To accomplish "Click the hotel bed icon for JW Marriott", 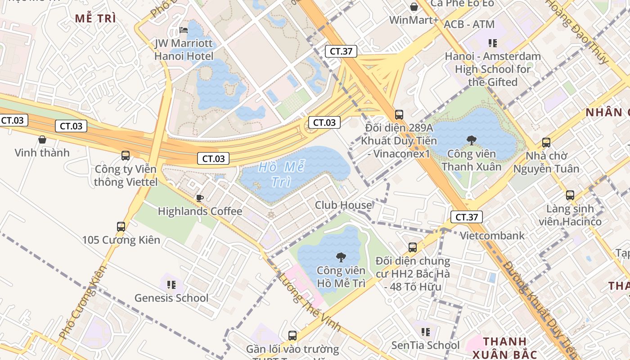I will [x=184, y=30].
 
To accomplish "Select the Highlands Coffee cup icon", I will [x=200, y=198].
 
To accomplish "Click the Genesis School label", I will [x=171, y=298].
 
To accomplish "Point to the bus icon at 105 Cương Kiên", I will [x=121, y=226].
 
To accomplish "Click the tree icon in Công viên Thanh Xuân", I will [x=472, y=140].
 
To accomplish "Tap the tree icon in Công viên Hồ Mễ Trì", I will [x=341, y=257].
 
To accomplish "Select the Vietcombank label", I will [x=492, y=235].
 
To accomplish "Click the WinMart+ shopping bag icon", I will [x=414, y=7].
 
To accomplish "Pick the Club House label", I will [x=343, y=205].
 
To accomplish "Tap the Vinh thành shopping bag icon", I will [x=42, y=139].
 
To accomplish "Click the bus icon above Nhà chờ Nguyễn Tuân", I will [x=546, y=143].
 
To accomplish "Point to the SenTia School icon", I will [x=425, y=332].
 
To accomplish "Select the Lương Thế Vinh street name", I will [x=310, y=302].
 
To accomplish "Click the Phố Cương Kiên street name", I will [x=83, y=303].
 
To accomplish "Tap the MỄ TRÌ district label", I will [x=95, y=18].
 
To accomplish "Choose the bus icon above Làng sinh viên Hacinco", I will [x=570, y=195].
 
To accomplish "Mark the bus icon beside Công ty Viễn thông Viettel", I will [x=126, y=156].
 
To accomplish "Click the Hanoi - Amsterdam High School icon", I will [x=493, y=43].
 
